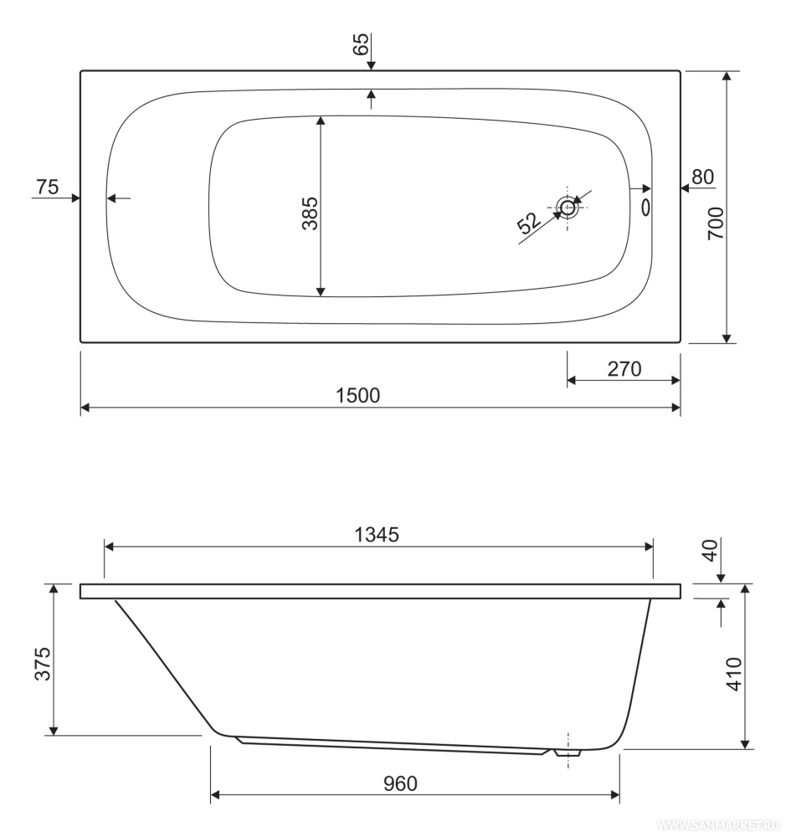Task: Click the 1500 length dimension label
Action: (x=357, y=396)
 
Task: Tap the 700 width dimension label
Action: (x=716, y=223)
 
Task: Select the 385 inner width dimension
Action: (x=310, y=213)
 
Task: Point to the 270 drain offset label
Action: (x=624, y=369)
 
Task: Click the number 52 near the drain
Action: (x=529, y=223)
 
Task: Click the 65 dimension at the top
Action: (x=361, y=44)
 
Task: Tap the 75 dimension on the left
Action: (x=47, y=187)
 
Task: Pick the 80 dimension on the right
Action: (x=702, y=177)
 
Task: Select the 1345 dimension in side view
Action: (x=377, y=534)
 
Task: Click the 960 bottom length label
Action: (x=400, y=783)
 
